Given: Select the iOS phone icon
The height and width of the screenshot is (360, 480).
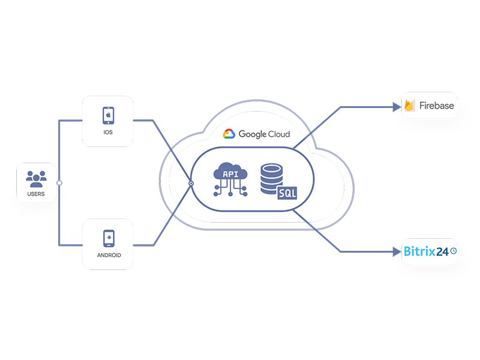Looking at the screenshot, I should coord(108,114).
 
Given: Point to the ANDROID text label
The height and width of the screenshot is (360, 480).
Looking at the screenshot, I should coord(108,255).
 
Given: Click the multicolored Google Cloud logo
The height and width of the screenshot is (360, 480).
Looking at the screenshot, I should coord(229,134).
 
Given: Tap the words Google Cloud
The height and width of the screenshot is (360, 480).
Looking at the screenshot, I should coord(264,134).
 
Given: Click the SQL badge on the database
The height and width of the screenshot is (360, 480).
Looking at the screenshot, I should coord(287,193).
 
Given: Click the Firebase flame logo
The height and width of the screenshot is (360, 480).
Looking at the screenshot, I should coord(410,106).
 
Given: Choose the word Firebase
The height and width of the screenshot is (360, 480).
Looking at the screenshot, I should coord(437,106).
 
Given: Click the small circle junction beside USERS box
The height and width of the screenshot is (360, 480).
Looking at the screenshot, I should coord(59,182).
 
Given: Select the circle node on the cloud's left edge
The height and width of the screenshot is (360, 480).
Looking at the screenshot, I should coord(191,182).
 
